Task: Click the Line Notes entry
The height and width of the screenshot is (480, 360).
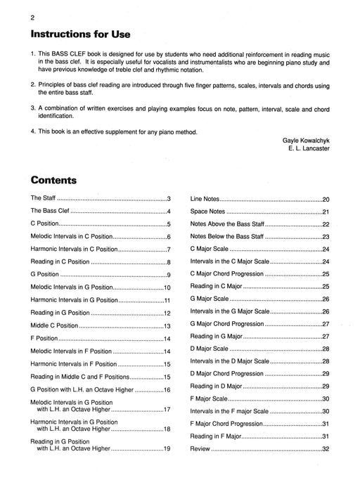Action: coord(207,200)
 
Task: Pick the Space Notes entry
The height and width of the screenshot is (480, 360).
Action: coord(209,212)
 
